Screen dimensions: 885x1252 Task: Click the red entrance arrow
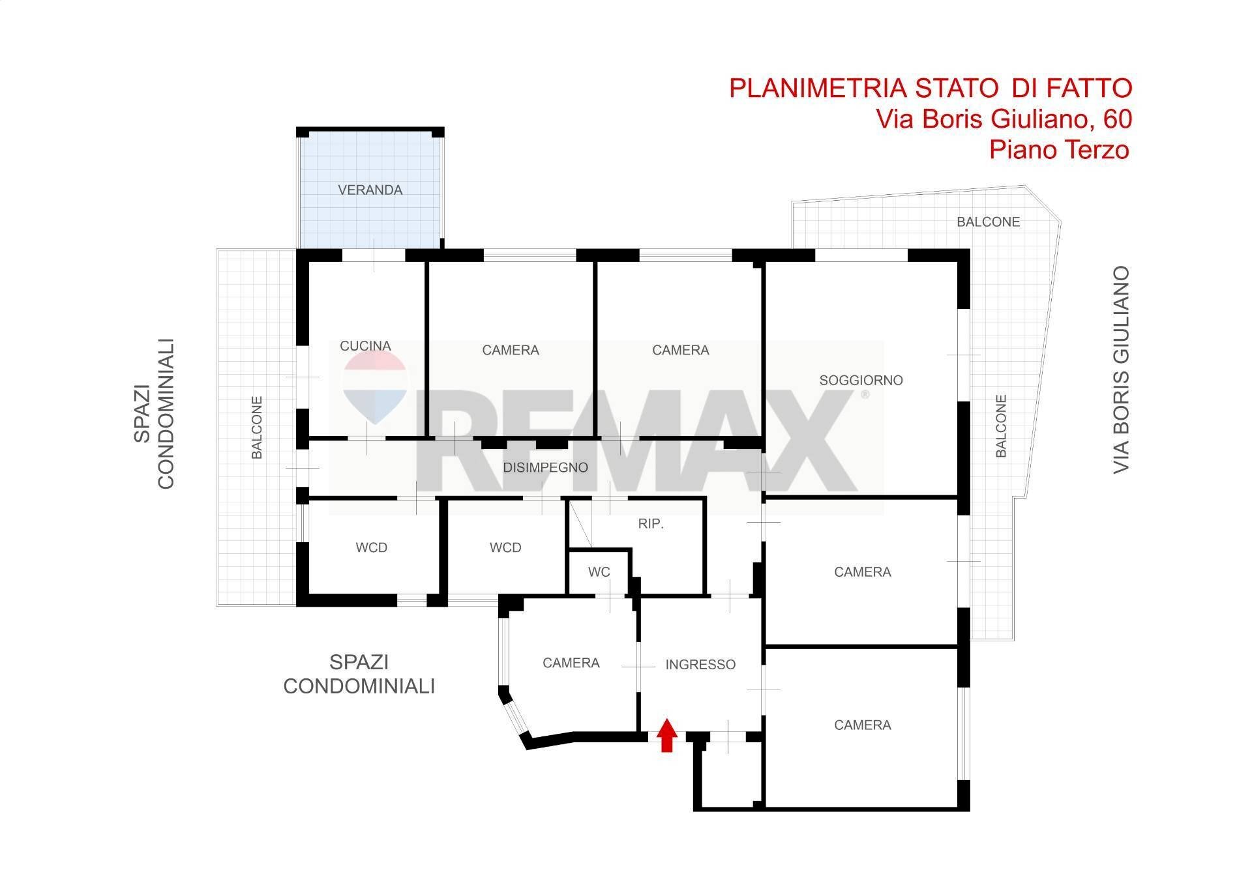pyautogui.click(x=666, y=735)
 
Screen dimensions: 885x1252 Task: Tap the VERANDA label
pyautogui.click(x=370, y=190)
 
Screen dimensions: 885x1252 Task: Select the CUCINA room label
pyautogui.click(x=365, y=346)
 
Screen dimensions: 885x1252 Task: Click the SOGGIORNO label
pyautogui.click(x=861, y=380)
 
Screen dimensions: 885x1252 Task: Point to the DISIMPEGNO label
pyautogui.click(x=545, y=467)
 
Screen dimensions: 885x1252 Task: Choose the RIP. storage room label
pyautogui.click(x=651, y=523)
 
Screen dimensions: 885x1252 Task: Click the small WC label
pyautogui.click(x=599, y=572)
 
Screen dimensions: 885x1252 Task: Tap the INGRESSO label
pyautogui.click(x=700, y=665)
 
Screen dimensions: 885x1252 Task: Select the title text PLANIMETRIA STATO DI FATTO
pyautogui.click(x=930, y=88)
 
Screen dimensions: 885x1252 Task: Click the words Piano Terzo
pyautogui.click(x=1058, y=150)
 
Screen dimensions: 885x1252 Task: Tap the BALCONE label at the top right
pyautogui.click(x=988, y=222)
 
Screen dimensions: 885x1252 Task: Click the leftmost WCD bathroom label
pyautogui.click(x=371, y=548)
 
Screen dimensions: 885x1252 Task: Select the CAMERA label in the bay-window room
pyautogui.click(x=571, y=663)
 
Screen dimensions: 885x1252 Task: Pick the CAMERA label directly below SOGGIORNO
pyautogui.click(x=862, y=572)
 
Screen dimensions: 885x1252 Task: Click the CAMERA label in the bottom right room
pyautogui.click(x=862, y=725)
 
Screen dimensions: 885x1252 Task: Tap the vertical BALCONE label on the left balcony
pyautogui.click(x=257, y=428)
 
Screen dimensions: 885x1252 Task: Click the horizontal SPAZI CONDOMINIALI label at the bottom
pyautogui.click(x=359, y=674)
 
